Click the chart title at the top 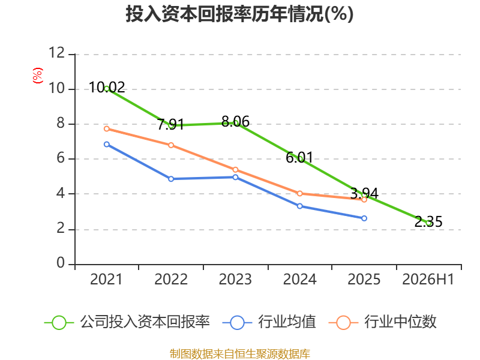239,14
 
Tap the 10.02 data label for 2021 107,88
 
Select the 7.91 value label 171,124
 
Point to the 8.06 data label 235,122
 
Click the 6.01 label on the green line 299,158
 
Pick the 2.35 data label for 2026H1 428,221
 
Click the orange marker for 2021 107,129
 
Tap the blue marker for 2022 171,179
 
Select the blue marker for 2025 364,218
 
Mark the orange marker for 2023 235,170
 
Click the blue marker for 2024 299,206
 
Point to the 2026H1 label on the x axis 428,280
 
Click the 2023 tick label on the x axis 235,280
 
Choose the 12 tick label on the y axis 57,53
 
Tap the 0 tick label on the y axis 61,263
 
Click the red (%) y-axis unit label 38,76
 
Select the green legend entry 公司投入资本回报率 127,322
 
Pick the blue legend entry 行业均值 269,322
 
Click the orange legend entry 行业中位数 382,322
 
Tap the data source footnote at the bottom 239,354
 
